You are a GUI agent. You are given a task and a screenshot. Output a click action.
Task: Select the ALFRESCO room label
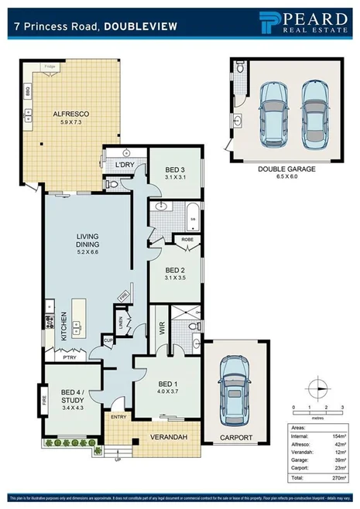(x=71, y=114)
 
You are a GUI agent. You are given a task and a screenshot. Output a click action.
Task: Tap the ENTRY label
(x=118, y=418)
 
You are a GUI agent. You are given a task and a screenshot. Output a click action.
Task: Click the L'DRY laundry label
(x=125, y=165)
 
